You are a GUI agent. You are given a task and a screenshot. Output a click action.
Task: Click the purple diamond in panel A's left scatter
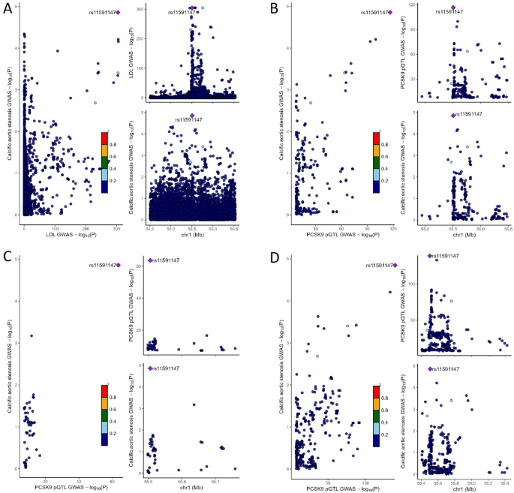click(x=118, y=12)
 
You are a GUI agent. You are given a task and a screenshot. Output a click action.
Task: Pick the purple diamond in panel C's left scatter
click(x=118, y=265)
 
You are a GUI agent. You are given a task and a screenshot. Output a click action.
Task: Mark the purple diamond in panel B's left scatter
click(x=390, y=12)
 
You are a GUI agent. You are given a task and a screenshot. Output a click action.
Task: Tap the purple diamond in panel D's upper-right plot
click(x=430, y=256)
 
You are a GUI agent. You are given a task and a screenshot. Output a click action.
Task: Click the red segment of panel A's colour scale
click(x=105, y=138)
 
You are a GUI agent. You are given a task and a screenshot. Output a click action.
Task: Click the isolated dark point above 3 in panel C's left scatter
click(x=31, y=335)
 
